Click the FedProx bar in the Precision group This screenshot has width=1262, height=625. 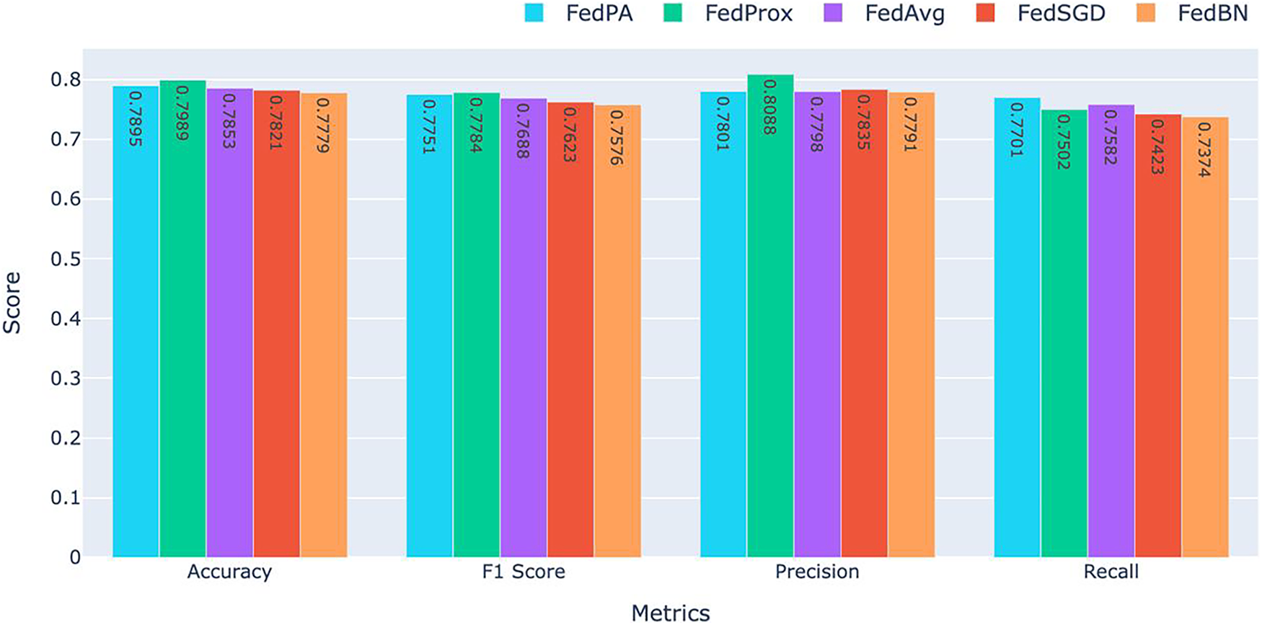(770, 317)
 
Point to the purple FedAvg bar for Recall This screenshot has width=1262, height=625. (1111, 332)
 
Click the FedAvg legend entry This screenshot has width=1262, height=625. (904, 13)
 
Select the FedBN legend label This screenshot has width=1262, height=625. (1212, 13)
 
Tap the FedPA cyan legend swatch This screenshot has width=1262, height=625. (534, 13)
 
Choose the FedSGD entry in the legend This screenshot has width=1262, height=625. (1061, 13)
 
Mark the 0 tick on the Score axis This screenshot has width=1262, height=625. (75, 557)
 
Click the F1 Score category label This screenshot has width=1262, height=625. (523, 572)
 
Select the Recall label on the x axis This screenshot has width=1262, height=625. (1111, 572)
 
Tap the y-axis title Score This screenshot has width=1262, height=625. (12, 302)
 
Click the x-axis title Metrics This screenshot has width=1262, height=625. (670, 613)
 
